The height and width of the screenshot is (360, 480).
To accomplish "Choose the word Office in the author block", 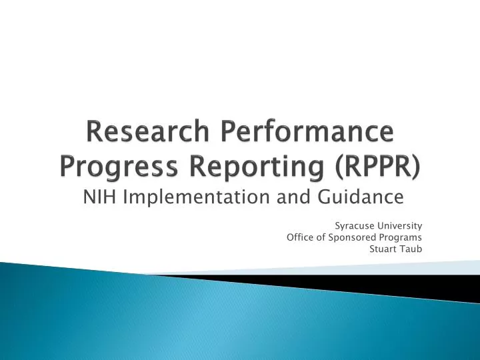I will point(299,237).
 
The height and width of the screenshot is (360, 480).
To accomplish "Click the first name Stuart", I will point(381,249).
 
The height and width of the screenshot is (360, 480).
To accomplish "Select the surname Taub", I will point(411,249).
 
